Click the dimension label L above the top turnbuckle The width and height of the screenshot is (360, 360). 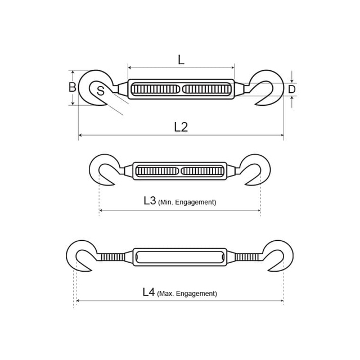coord(181,60)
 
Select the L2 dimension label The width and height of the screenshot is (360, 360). coord(181,127)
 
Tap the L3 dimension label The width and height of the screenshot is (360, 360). coord(150,200)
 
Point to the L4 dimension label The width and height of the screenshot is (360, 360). coord(148,292)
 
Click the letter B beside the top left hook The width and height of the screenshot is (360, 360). coord(72,88)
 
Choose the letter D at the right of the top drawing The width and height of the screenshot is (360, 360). coord(291,89)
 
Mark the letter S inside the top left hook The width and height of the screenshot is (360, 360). coord(100,91)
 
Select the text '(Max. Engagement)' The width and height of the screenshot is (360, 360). coord(187,294)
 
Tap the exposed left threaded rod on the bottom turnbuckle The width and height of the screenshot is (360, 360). coord(112,257)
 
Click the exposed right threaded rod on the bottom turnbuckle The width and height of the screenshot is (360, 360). coord(247,257)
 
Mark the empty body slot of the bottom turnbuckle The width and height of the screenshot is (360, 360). coord(180,257)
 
